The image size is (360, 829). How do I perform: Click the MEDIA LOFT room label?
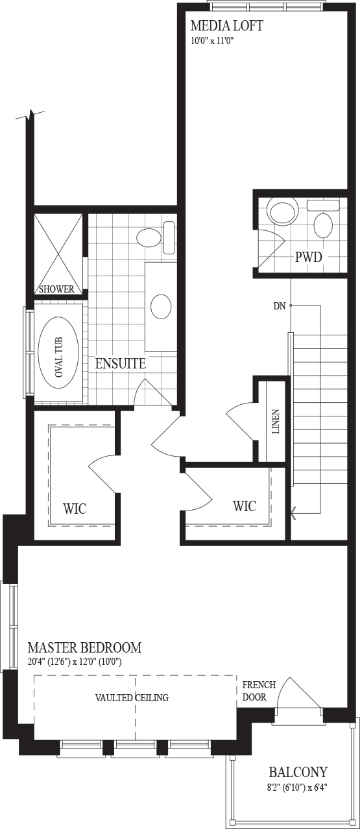tap(226, 26)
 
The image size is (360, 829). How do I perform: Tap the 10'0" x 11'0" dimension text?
tap(213, 41)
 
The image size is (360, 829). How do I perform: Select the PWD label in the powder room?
tap(308, 257)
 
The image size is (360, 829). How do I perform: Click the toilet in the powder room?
tap(283, 210)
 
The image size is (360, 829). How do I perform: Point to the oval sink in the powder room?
tap(324, 225)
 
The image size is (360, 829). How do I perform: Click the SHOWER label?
tap(56, 289)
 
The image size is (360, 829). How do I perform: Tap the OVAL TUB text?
tap(58, 357)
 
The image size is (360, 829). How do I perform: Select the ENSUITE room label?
tap(121, 363)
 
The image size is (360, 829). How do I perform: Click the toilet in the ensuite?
tap(156, 237)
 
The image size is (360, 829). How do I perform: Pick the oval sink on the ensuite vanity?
tap(161, 306)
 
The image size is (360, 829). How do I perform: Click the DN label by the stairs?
tap(280, 306)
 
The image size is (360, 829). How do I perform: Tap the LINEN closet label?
tap(276, 422)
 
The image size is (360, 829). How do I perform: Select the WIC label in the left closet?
tap(75, 509)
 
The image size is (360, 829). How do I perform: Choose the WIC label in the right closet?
tap(245, 505)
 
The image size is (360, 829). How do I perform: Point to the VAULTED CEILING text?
tap(132, 697)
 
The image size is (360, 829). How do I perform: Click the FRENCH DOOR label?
tap(259, 691)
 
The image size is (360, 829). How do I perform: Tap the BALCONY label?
tap(298, 772)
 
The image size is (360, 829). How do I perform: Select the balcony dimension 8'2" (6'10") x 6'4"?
tap(298, 787)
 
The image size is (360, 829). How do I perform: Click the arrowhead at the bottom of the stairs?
tap(294, 513)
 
